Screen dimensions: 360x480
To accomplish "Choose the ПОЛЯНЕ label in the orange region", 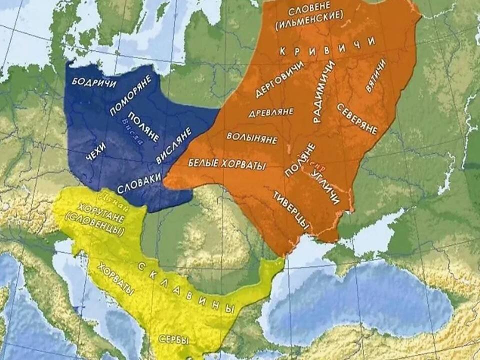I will (x=300, y=159).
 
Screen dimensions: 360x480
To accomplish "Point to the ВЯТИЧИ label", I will (x=375, y=75).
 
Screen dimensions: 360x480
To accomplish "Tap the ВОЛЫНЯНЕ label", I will (x=252, y=138).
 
